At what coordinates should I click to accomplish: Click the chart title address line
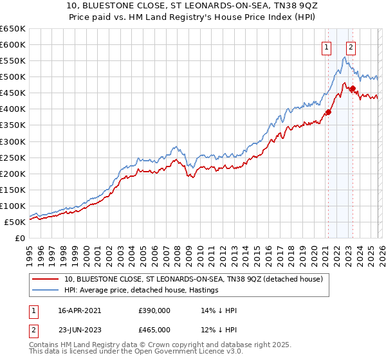193,6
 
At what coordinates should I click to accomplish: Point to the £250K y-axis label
13,157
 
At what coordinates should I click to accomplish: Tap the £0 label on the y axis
19,238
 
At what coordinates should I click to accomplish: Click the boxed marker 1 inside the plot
327,46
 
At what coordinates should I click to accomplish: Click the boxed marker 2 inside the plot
351,46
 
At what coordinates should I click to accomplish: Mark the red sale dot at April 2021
328,112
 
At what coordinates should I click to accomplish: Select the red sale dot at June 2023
353,88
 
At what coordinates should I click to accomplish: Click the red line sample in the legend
46,278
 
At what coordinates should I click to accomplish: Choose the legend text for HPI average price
142,291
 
